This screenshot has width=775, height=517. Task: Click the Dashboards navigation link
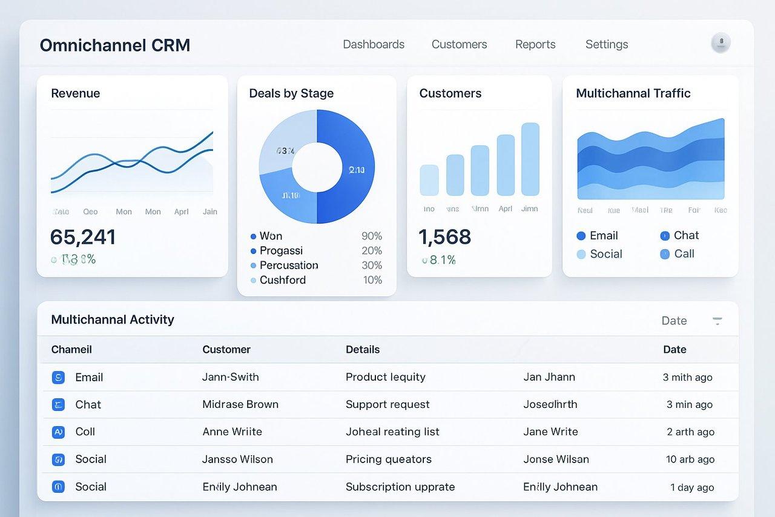(374, 44)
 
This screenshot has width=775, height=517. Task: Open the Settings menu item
(607, 44)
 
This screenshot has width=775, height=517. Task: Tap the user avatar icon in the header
(721, 42)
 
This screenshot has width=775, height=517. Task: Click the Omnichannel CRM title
(115, 45)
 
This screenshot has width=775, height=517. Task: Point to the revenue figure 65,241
(83, 237)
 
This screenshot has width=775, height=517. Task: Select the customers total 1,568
(445, 237)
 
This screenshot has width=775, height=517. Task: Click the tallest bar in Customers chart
(530, 159)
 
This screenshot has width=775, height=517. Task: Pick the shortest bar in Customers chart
(429, 180)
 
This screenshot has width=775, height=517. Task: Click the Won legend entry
(270, 236)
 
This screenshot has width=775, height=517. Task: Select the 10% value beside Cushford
(372, 280)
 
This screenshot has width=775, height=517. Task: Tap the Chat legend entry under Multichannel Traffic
(685, 235)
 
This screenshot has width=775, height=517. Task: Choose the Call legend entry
(684, 254)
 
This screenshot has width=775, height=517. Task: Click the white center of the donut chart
(317, 167)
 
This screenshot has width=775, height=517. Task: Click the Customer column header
(226, 350)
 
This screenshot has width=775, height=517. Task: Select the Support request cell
(387, 404)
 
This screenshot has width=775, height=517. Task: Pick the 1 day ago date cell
(692, 487)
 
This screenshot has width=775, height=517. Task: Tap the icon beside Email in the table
(58, 378)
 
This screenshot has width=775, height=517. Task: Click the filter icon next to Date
(717, 321)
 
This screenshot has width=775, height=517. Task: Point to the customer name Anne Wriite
(232, 432)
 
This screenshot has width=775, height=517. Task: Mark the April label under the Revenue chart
(182, 212)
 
